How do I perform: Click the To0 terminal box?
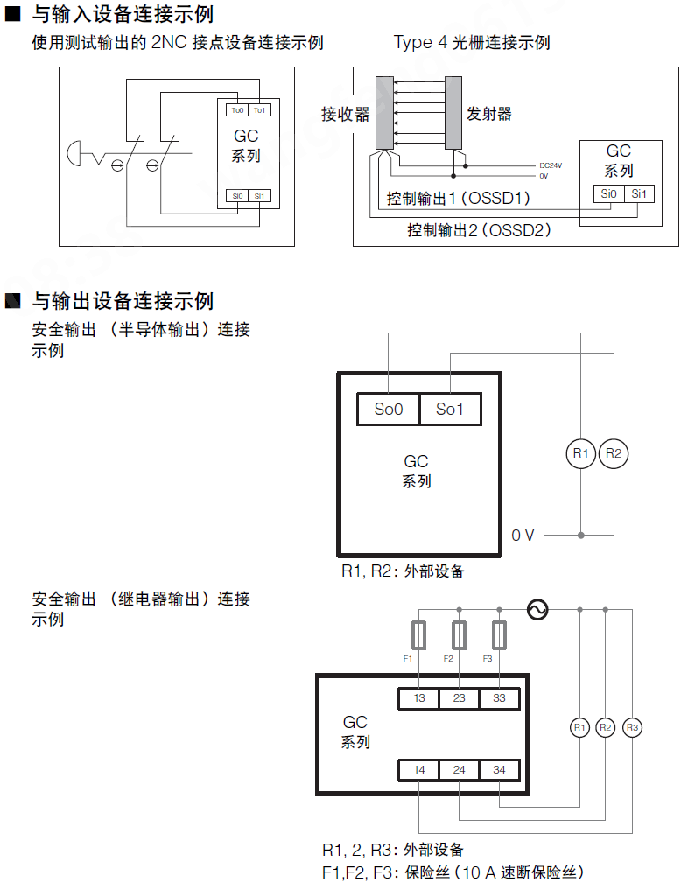point(237,110)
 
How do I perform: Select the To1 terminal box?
point(260,110)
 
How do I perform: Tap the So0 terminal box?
point(389,409)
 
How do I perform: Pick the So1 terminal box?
point(450,409)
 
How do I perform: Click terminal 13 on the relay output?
point(419,698)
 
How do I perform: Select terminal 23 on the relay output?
point(460,698)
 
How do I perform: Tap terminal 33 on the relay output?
point(499,698)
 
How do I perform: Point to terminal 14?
point(419,770)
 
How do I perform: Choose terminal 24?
point(460,770)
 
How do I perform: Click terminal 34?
point(499,770)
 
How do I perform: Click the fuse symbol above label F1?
point(419,634)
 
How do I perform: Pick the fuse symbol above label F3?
point(499,634)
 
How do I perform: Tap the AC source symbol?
point(537,609)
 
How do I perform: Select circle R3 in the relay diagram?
point(632,727)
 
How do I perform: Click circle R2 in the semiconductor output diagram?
point(614,453)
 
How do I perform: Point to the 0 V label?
point(523,535)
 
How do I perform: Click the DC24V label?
point(551,165)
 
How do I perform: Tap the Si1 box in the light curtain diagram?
point(640,194)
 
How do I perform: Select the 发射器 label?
point(489,114)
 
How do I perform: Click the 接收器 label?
point(345,114)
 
